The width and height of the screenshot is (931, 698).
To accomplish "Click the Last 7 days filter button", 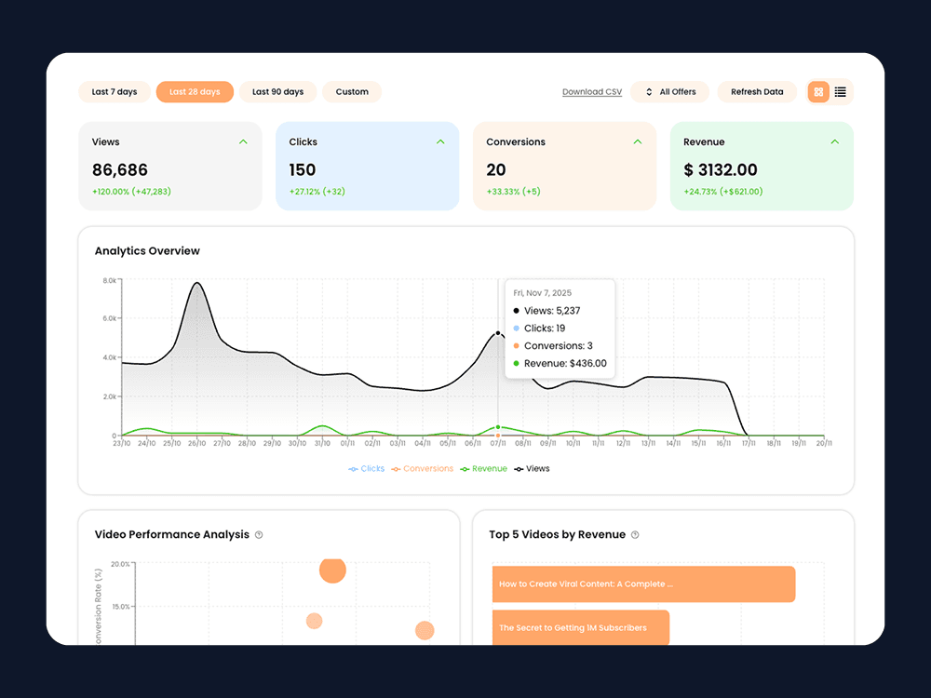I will pos(115,92).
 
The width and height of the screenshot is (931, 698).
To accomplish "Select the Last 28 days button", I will pos(195,92).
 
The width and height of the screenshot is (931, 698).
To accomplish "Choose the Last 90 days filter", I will pos(277,92).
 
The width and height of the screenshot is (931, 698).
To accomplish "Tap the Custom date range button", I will pos(352,92).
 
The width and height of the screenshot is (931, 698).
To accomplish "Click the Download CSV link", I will pos(592,92).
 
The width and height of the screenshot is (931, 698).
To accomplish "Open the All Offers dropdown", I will pos(670,92).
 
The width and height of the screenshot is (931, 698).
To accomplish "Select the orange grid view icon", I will pos(818,92).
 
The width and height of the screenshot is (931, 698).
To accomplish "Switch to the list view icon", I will pos(841,92).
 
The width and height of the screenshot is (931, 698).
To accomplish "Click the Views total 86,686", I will pos(120,170).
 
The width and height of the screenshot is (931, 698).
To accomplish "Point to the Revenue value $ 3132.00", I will pos(721,170).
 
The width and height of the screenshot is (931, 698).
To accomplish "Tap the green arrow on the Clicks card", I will pos(440,141).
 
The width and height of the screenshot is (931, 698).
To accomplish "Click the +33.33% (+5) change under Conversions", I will pos(513,192).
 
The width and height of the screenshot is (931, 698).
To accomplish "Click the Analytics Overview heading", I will pos(147,251).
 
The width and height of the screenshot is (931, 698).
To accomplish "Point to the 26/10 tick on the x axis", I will pos(196,444).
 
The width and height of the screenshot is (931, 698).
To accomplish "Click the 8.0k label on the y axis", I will pos(109,280).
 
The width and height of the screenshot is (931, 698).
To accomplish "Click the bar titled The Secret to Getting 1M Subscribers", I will pos(580,628).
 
